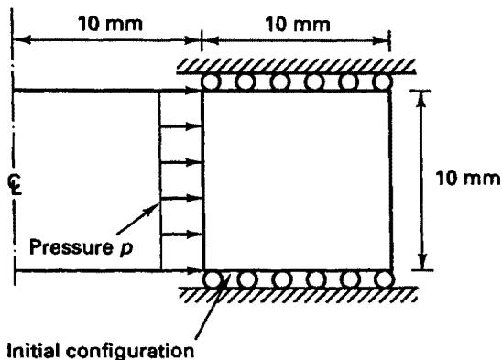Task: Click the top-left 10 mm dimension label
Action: (111, 24)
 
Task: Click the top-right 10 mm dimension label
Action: (298, 25)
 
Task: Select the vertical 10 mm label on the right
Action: (468, 179)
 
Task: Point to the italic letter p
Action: (126, 249)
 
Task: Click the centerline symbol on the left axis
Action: (15, 185)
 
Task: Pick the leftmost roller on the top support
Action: (211, 82)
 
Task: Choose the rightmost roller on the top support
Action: (383, 82)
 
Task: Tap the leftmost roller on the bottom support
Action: (213, 279)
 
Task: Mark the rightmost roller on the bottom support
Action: (384, 279)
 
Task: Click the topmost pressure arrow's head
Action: (194, 91)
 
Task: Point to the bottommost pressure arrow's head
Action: (195, 271)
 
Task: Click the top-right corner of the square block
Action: (390, 92)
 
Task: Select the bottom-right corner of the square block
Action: (392, 270)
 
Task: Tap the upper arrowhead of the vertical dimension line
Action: (421, 99)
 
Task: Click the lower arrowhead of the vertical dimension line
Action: (422, 261)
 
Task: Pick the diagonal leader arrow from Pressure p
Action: (137, 218)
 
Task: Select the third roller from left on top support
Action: (279, 82)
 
